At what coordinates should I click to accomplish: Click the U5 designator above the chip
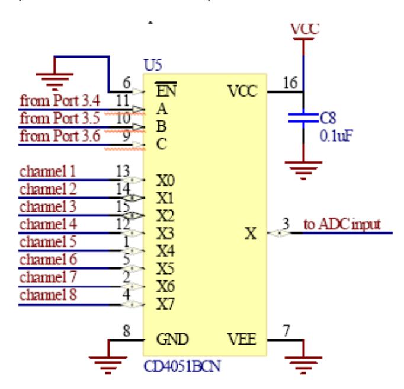(153, 65)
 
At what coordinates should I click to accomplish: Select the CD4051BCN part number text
(182, 366)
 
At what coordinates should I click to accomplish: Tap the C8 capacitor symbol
(303, 117)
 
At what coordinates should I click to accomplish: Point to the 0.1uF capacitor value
(336, 136)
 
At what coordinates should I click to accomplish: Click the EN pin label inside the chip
(166, 90)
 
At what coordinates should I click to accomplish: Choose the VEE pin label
(242, 339)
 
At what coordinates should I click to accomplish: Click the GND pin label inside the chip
(172, 339)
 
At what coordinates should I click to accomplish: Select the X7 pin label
(165, 304)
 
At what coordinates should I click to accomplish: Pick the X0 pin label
(165, 180)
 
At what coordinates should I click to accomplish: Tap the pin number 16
(290, 83)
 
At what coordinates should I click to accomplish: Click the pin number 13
(123, 171)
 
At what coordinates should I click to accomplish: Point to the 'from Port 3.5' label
(60, 118)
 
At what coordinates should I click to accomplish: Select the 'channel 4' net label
(48, 224)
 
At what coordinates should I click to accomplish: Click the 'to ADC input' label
(342, 224)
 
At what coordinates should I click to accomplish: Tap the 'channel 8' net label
(48, 295)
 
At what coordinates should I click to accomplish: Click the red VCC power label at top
(305, 29)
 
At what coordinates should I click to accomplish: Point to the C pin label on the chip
(162, 144)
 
